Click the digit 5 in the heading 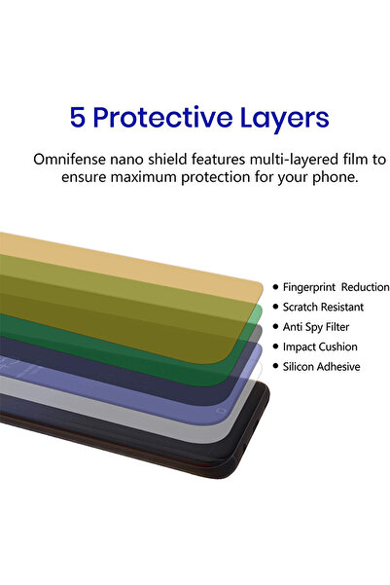click(79, 118)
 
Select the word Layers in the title click(285, 118)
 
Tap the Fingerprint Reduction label click(336, 287)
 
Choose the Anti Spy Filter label click(315, 327)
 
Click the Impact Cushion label click(319, 347)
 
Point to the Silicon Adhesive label click(321, 367)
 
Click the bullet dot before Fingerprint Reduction click(275, 287)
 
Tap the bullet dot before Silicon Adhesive click(275, 367)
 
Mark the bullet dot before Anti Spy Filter click(275, 327)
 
